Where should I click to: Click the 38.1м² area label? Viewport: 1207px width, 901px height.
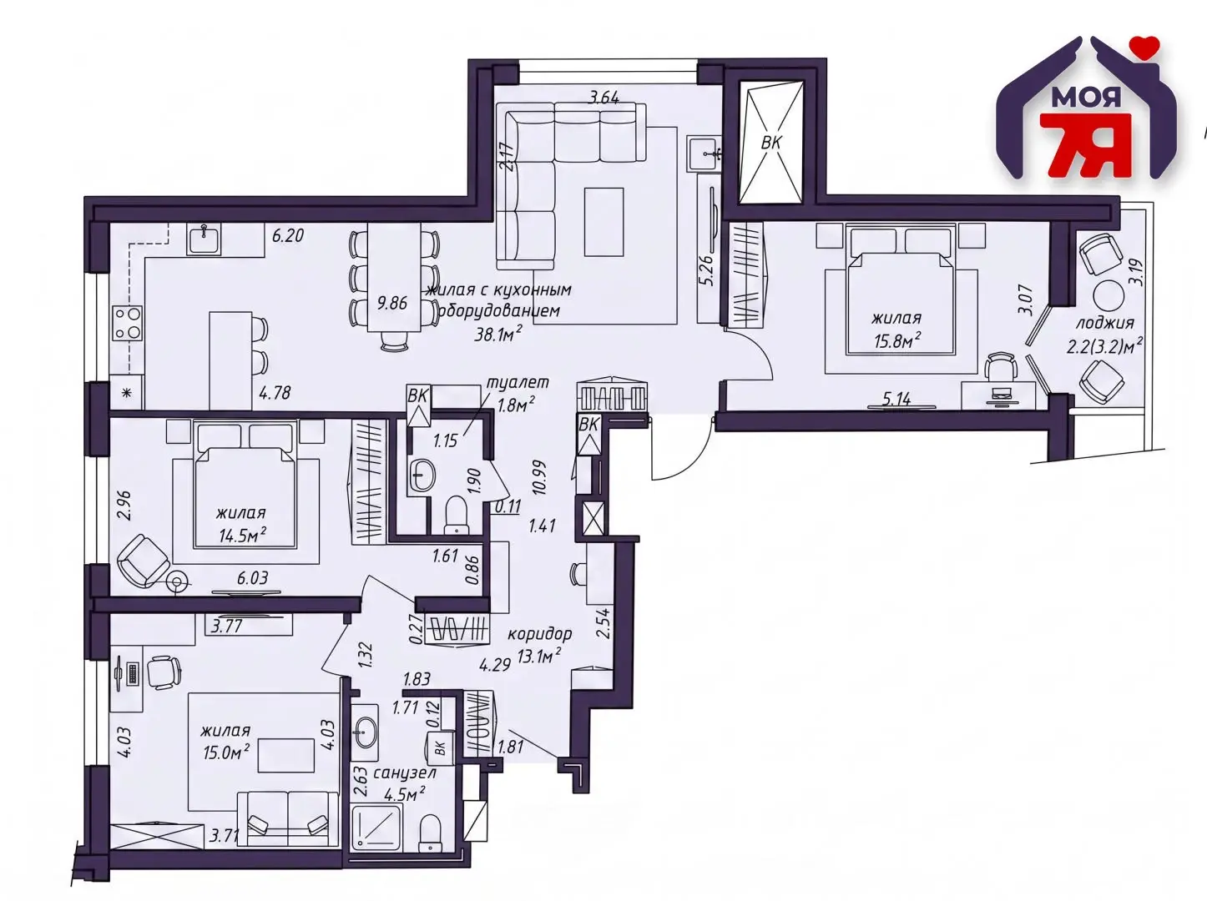[498, 333]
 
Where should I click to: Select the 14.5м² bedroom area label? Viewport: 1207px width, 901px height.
[243, 535]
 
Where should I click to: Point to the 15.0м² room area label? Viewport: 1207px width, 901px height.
[226, 751]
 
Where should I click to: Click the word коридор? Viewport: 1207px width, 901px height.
[539, 635]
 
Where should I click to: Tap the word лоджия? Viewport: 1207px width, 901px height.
[1104, 323]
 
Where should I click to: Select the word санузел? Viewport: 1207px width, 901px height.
[405, 773]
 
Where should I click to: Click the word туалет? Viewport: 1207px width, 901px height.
[518, 382]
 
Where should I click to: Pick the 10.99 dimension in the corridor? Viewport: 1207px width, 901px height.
[541, 477]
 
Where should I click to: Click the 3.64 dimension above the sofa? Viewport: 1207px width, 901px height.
[603, 98]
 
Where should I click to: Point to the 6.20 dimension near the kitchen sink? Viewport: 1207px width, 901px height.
[288, 235]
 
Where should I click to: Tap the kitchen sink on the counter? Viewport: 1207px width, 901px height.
[204, 239]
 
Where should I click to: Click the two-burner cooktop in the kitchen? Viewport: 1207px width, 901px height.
[127, 323]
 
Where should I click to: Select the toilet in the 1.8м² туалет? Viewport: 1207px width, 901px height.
[456, 515]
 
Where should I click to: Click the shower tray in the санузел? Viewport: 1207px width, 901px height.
[376, 829]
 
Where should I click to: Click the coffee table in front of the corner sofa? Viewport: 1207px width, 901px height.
[603, 222]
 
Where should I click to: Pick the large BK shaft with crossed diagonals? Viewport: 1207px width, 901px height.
[771, 142]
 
